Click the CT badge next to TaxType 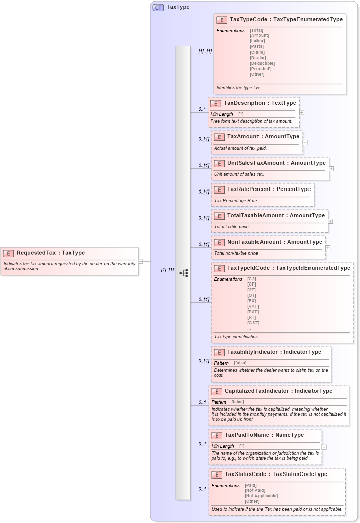(158, 7)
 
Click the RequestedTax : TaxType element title (50, 253)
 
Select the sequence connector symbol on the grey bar (184, 273)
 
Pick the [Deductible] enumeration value (262, 63)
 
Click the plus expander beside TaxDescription (302, 113)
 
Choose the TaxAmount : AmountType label (263, 136)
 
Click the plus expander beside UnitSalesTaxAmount (331, 169)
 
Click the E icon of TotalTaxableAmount (219, 216)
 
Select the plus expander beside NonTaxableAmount (328, 248)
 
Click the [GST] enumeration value (253, 323)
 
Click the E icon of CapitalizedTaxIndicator (216, 391)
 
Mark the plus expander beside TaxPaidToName (324, 447)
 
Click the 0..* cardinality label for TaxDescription (202, 109)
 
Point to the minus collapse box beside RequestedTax (141, 261)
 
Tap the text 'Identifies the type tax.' (238, 88)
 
